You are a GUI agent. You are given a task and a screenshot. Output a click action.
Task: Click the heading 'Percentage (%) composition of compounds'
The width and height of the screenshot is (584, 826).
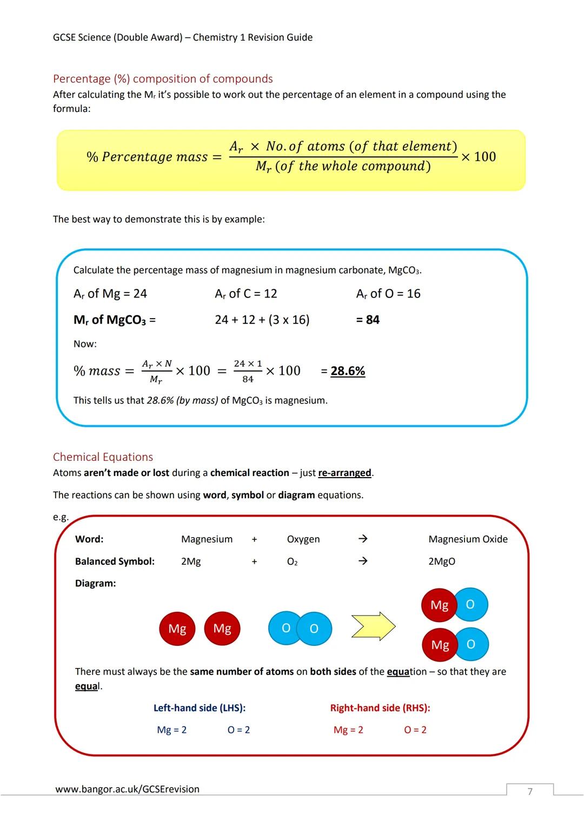coord(163,79)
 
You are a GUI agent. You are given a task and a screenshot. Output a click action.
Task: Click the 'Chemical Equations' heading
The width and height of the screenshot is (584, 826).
coord(103,457)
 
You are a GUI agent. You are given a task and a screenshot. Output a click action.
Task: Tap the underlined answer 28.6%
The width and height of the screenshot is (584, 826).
coord(348,371)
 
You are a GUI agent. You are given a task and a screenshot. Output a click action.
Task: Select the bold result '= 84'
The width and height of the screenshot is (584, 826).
coord(368,320)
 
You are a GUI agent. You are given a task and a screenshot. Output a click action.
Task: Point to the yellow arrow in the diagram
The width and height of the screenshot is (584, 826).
coord(373,626)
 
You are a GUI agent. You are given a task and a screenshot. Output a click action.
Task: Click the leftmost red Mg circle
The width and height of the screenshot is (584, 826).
coord(177,629)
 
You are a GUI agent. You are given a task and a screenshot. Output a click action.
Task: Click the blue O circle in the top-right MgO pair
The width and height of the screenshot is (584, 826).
coord(470,604)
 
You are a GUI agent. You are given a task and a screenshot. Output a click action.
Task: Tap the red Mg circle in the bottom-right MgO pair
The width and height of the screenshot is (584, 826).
coord(440,645)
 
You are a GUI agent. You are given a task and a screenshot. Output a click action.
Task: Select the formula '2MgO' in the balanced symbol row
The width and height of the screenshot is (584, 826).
coord(442,561)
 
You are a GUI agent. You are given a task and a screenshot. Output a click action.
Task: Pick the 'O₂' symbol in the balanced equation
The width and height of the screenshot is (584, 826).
coord(292,562)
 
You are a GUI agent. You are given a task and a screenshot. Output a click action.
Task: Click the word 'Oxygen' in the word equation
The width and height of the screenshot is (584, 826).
coord(303,539)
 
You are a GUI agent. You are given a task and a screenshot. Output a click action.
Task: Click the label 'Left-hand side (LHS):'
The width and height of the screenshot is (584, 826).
coord(200,708)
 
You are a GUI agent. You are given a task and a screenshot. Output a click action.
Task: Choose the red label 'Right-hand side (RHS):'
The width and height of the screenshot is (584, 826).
coord(380,708)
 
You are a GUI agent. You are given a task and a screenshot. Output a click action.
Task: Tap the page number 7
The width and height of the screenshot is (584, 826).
coord(530,792)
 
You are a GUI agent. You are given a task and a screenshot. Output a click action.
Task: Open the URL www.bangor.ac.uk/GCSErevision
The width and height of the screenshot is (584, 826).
coord(127,789)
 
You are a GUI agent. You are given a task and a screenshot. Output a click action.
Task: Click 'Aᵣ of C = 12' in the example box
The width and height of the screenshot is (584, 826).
coord(246,294)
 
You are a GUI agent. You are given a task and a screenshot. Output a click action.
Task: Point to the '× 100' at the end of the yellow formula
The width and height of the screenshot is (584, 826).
coord(478,157)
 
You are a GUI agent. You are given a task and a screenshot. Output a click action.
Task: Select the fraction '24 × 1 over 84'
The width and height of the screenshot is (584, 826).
coord(248,371)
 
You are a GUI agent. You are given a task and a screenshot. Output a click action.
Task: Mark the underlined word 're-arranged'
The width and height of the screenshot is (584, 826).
coord(344,473)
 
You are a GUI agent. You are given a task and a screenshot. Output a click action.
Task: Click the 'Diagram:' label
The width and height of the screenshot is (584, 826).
coord(95,584)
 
